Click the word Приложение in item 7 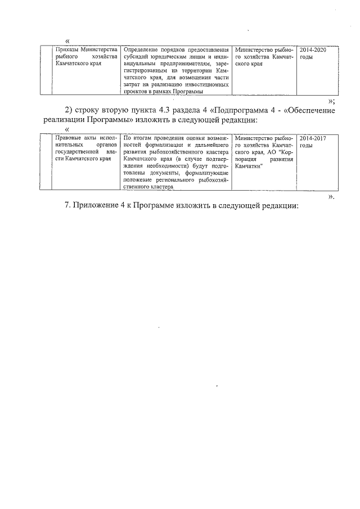pyautogui.click(x=101, y=205)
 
